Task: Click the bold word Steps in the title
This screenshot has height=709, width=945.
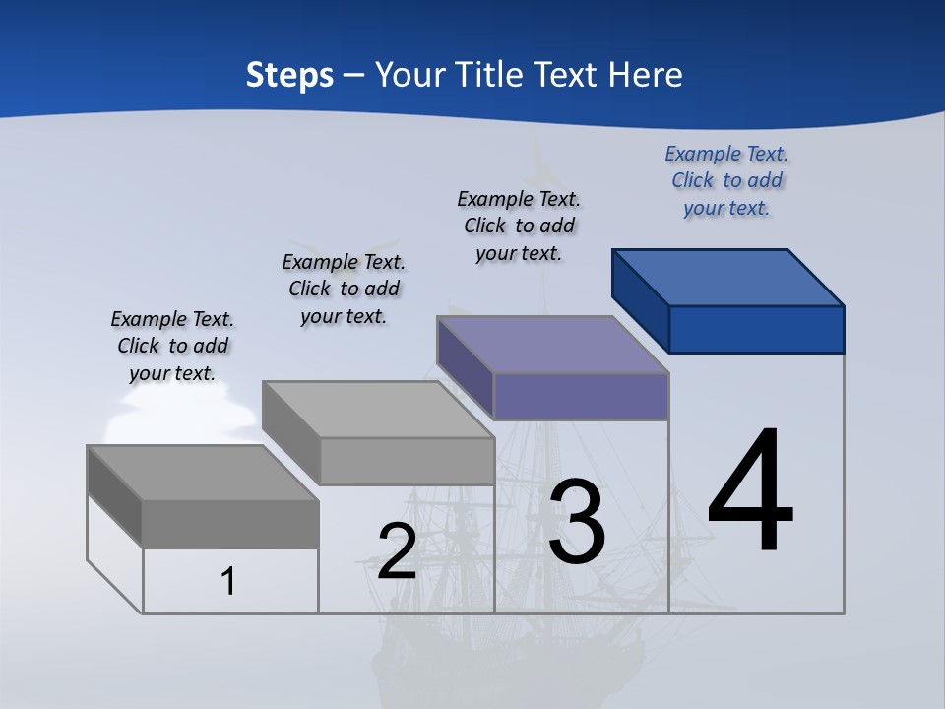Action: point(289,75)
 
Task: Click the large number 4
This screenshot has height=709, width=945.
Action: point(750,491)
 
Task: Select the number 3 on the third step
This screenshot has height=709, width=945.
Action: point(577,523)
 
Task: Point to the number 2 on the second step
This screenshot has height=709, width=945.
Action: point(398,551)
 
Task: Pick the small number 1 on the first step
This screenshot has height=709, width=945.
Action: point(228,581)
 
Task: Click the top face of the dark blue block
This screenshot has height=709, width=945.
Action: point(728,277)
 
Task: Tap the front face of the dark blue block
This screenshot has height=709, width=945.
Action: point(756,329)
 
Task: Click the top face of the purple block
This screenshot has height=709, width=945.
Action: point(553,344)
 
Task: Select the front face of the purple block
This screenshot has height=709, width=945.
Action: point(581,396)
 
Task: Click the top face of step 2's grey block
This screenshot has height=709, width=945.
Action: point(378,409)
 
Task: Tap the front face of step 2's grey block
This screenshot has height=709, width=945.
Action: point(407,461)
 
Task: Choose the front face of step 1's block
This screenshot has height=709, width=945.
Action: point(230,524)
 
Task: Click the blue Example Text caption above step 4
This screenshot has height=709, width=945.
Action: point(726,181)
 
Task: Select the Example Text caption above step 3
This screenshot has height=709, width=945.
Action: point(519,226)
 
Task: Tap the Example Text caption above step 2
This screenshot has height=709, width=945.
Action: point(344,289)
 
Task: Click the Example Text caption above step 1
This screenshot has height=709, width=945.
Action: point(172,346)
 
